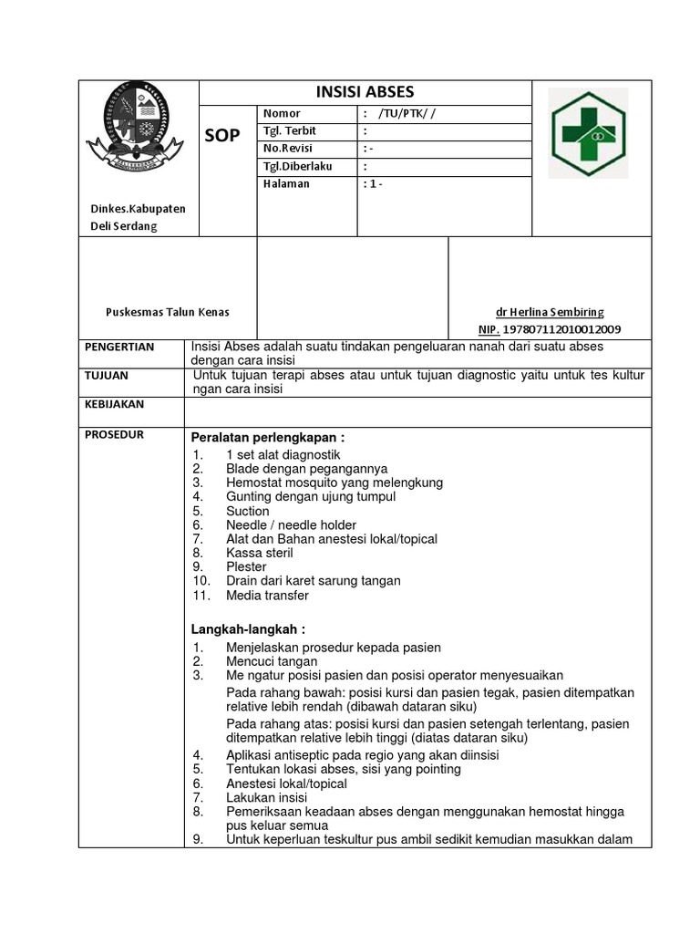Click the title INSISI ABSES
[x=365, y=92]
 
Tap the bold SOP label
[x=223, y=136]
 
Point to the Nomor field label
[x=282, y=113]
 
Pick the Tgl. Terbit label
[x=290, y=130]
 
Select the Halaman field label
[x=286, y=183]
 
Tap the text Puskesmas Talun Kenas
[x=168, y=312]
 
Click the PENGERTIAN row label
[x=119, y=348]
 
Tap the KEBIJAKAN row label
[x=114, y=403]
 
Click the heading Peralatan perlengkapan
[x=268, y=437]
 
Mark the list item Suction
[x=248, y=511]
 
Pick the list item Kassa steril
[x=258, y=553]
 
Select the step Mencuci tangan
[x=272, y=661]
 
